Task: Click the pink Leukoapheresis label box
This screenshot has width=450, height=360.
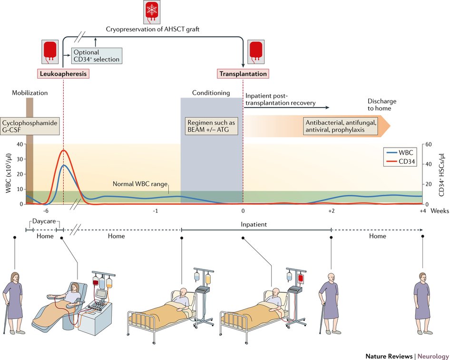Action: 63,74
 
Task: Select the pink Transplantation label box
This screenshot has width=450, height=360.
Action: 243,74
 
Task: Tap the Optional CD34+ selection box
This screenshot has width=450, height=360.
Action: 96,56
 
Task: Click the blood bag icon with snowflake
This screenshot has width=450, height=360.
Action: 153,13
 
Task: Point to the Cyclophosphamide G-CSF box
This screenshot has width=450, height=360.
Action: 29,127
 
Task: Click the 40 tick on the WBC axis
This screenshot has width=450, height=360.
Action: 20,144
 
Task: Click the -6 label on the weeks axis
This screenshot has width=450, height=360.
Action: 45,211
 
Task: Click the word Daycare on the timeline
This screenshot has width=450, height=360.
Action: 44,222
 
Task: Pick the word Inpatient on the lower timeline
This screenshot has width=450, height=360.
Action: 253,224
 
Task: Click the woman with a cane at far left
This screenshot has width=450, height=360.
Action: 13,300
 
